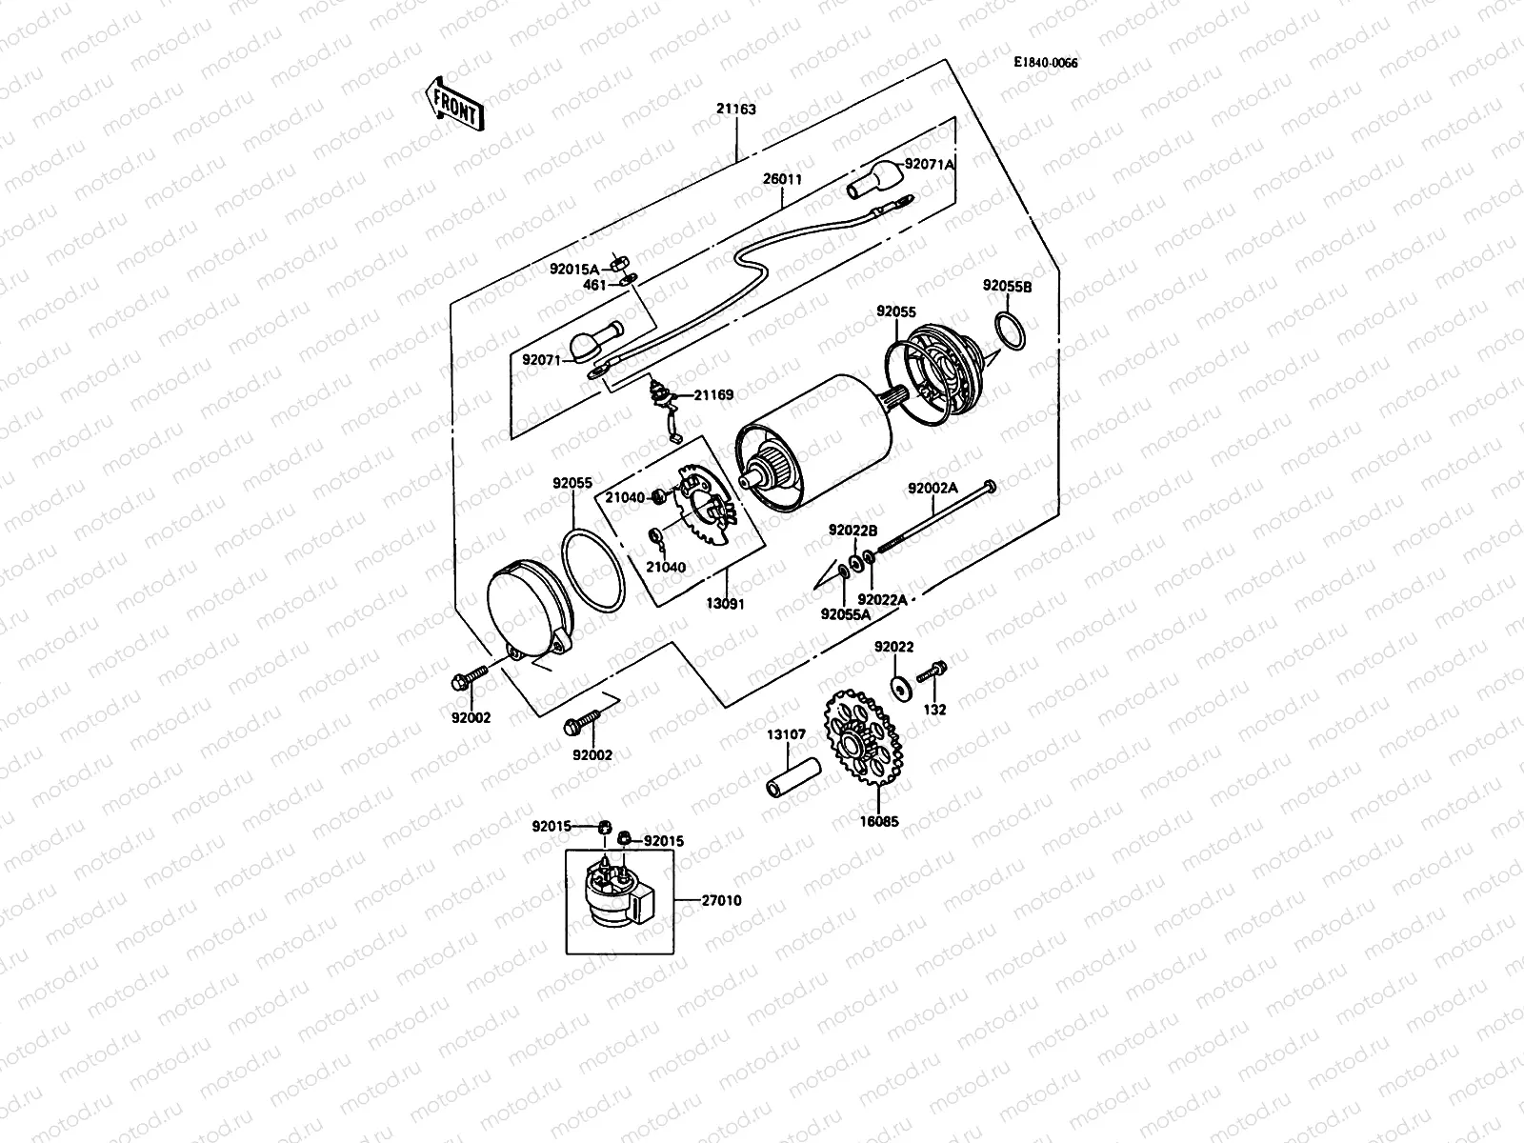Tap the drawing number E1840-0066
coord(1045,62)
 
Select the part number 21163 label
coord(735,109)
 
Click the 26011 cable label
coord(782,178)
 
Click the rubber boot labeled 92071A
coord(873,179)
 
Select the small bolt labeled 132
coord(932,672)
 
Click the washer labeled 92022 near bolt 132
coord(898,683)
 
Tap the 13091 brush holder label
coord(724,604)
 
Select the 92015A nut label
coord(573,269)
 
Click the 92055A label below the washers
coord(846,614)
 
